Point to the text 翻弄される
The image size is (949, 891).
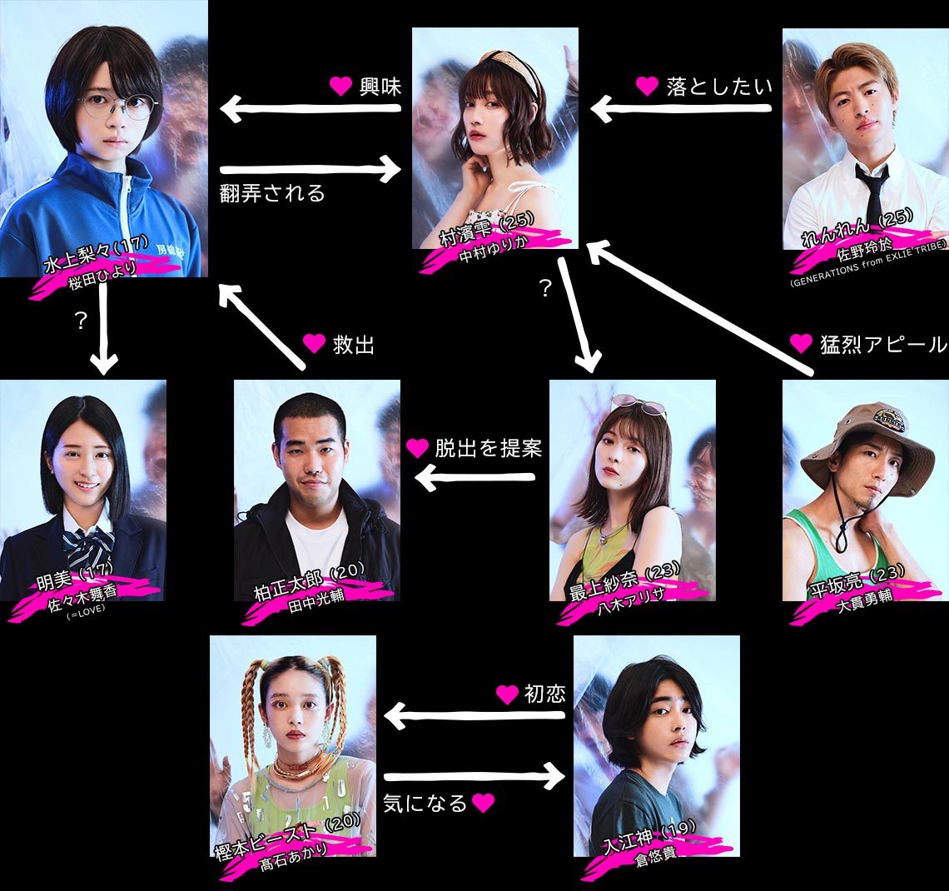coord(272,194)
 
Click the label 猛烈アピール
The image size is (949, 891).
coord(883,344)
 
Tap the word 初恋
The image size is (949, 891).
coord(544,694)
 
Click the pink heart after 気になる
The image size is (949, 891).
coord(483,804)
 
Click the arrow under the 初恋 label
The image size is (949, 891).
coord(474,715)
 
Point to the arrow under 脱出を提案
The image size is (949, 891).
coord(474,478)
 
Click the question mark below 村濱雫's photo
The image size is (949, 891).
coord(545,289)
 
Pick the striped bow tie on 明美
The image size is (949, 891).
coord(89,545)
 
